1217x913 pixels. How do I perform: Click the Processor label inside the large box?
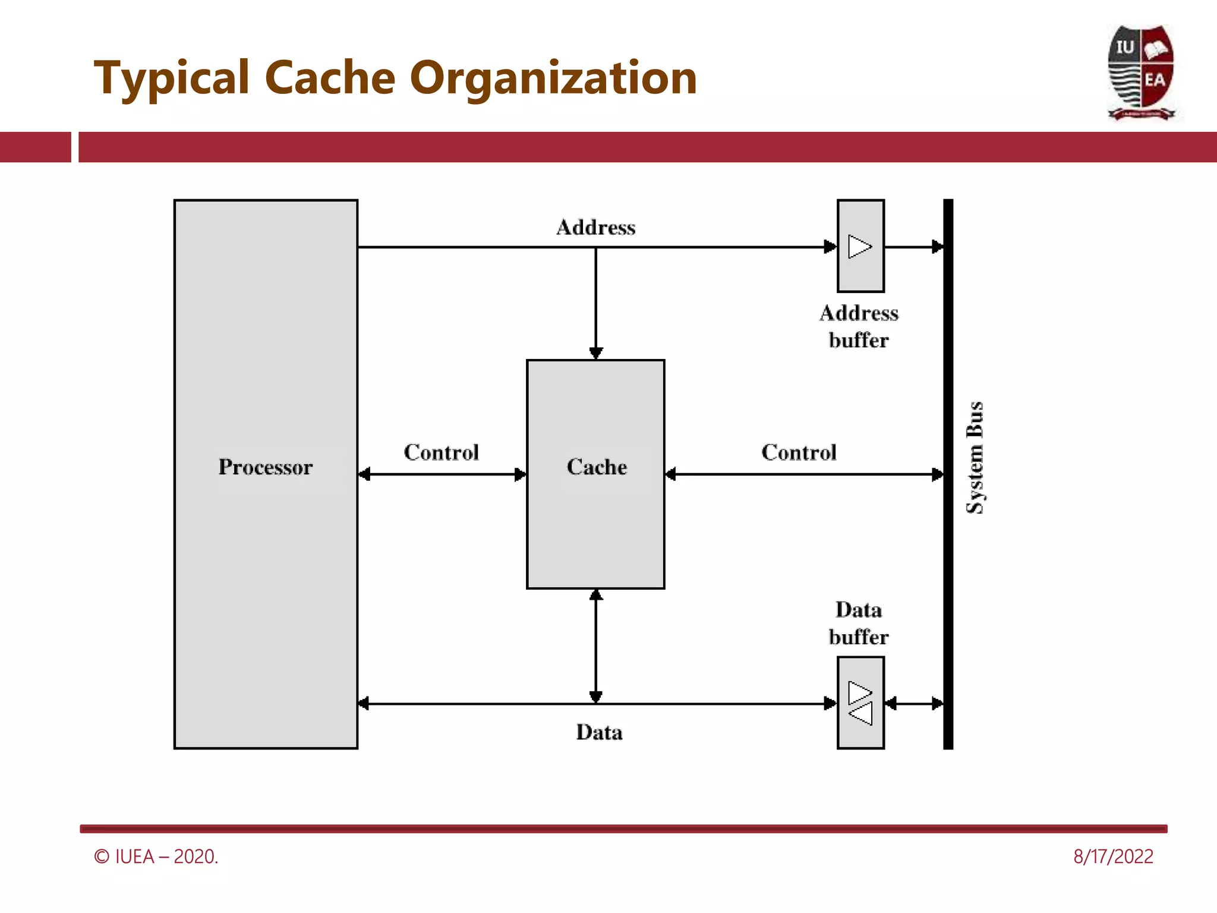coord(265,467)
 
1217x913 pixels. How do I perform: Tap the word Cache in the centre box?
coord(597,467)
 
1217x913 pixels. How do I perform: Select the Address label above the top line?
coord(596,228)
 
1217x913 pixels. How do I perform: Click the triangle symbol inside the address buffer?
coord(859,247)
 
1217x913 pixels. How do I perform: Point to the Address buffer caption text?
coord(859,326)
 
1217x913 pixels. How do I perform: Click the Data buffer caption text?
coord(859,624)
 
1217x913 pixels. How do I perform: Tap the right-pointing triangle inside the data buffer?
coord(859,692)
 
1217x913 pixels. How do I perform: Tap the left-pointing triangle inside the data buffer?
coord(860,714)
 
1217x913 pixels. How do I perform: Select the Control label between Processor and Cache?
coord(442,453)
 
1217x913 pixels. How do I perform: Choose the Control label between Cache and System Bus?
coord(799,453)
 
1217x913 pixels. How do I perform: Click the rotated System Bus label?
coord(975,458)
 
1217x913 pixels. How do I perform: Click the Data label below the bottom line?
coord(599,732)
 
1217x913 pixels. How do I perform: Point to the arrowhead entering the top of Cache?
coord(596,353)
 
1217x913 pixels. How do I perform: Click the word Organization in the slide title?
coord(553,78)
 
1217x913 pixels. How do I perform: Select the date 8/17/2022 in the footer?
coord(1113,857)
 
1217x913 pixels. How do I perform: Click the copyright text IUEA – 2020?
coord(156,857)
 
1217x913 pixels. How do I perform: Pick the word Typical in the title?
coord(172,78)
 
